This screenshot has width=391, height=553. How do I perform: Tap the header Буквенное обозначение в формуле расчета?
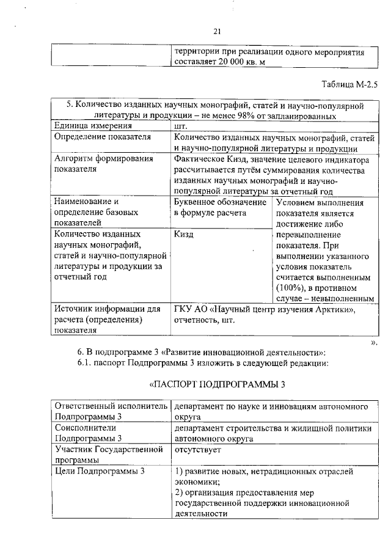click(220, 208)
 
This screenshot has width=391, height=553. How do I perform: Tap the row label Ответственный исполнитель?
click(110, 406)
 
